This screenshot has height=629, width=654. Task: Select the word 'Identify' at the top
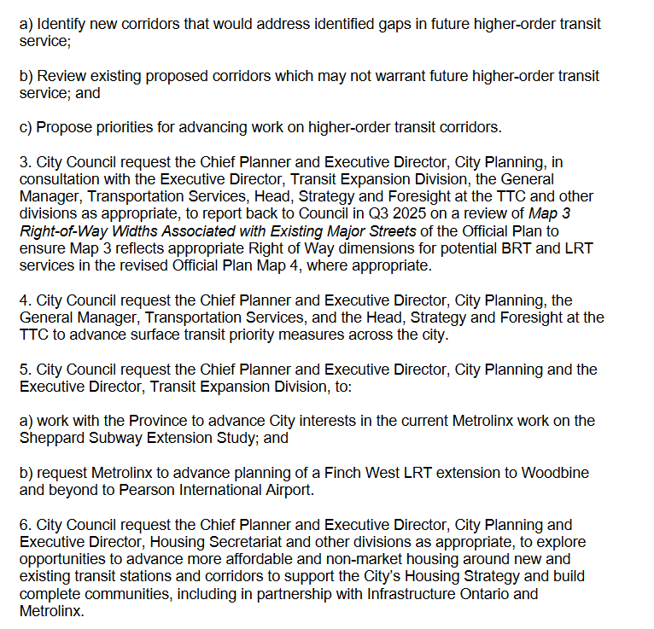(x=60, y=24)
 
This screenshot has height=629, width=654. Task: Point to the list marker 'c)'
(x=26, y=128)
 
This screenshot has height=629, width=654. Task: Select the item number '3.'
(x=25, y=162)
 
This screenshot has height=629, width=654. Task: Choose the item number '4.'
(x=25, y=300)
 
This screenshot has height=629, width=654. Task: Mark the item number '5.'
(x=25, y=370)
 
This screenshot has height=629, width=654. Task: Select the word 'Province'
(x=158, y=422)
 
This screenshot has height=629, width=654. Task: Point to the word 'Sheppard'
(x=50, y=439)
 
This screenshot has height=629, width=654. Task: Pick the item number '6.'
(x=25, y=525)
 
